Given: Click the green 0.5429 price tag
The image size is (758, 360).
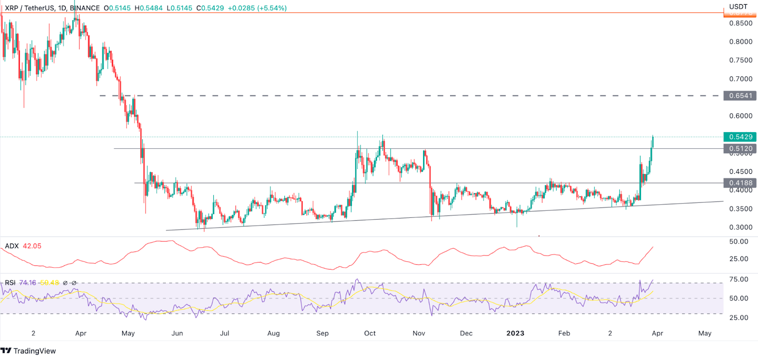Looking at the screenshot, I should tap(740, 137).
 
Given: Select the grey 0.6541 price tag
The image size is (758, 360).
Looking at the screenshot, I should tap(740, 96).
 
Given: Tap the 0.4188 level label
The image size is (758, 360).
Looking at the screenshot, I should tap(740, 183).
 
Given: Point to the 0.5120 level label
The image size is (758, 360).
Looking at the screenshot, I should tap(740, 148).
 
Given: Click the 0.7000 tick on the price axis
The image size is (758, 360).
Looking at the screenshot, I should tap(740, 79).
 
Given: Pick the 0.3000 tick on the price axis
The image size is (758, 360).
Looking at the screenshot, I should tap(740, 227).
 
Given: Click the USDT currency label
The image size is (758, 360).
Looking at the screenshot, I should tap(738, 7).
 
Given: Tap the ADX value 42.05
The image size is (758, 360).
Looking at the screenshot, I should tap(32, 246).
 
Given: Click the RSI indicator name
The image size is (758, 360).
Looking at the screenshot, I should tap(10, 283).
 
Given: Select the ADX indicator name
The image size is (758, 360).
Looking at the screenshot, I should tap(12, 246).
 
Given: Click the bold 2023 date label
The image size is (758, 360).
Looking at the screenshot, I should tap(515, 333).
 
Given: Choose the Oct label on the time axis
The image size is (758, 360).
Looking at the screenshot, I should tap(370, 333).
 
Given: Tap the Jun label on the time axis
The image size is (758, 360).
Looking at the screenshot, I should tap(177, 333).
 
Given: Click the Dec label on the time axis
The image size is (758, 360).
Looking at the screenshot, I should tap(466, 333).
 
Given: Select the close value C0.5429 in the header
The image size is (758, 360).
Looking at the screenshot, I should tap(210, 8).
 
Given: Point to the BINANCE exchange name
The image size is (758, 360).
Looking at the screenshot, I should tap(85, 8).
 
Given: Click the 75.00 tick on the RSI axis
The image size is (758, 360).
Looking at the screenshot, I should tap(739, 279).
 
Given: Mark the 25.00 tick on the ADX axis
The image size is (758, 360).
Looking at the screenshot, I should tap(739, 259).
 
